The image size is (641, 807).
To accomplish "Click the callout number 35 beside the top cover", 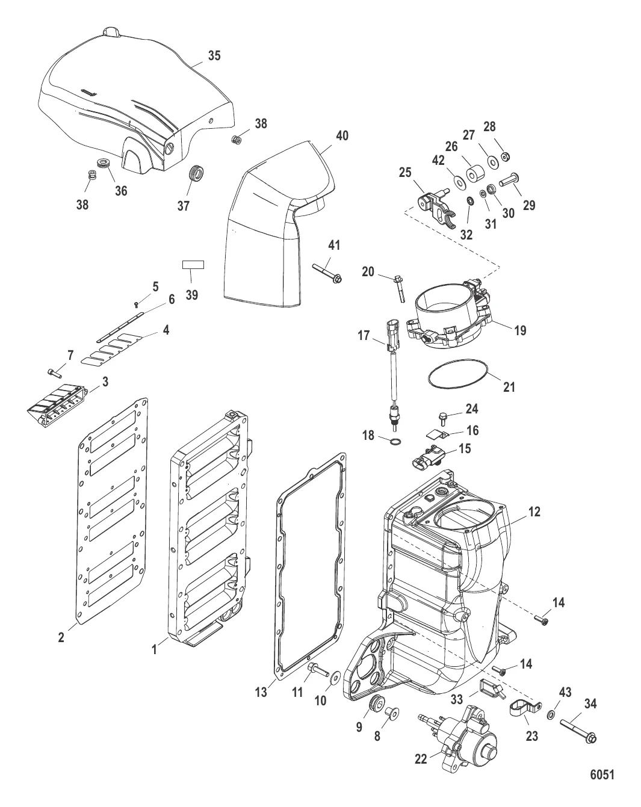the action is [x=214, y=55].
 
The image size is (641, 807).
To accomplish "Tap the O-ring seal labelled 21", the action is [x=458, y=377].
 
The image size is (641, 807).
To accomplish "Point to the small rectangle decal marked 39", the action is [x=193, y=265].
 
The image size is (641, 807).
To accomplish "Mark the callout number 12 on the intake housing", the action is [x=534, y=512].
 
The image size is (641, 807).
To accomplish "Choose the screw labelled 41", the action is [x=327, y=273].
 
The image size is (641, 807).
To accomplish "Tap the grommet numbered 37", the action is [x=196, y=173].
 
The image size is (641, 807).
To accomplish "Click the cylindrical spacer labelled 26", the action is [x=475, y=173].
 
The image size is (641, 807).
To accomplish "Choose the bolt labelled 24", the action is [x=443, y=419].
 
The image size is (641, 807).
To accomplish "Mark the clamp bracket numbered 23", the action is [x=525, y=708].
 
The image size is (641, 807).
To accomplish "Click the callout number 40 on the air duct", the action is [x=342, y=135].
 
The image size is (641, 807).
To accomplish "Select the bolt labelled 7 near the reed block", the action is [x=54, y=373].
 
